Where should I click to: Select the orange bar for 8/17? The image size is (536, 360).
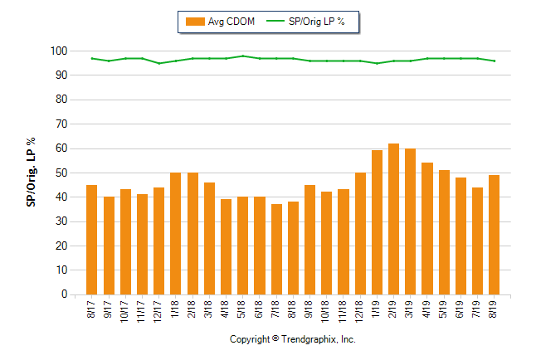click(92, 240)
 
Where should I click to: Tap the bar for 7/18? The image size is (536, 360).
click(276, 249)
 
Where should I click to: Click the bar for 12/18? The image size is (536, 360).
click(360, 233)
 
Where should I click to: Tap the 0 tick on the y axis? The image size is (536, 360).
click(63, 294)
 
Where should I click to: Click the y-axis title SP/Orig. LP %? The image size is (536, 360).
click(31, 173)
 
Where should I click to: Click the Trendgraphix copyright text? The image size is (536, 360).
click(292, 340)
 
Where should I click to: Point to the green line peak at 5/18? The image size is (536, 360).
click(242, 56)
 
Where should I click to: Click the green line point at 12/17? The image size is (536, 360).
click(159, 63)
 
